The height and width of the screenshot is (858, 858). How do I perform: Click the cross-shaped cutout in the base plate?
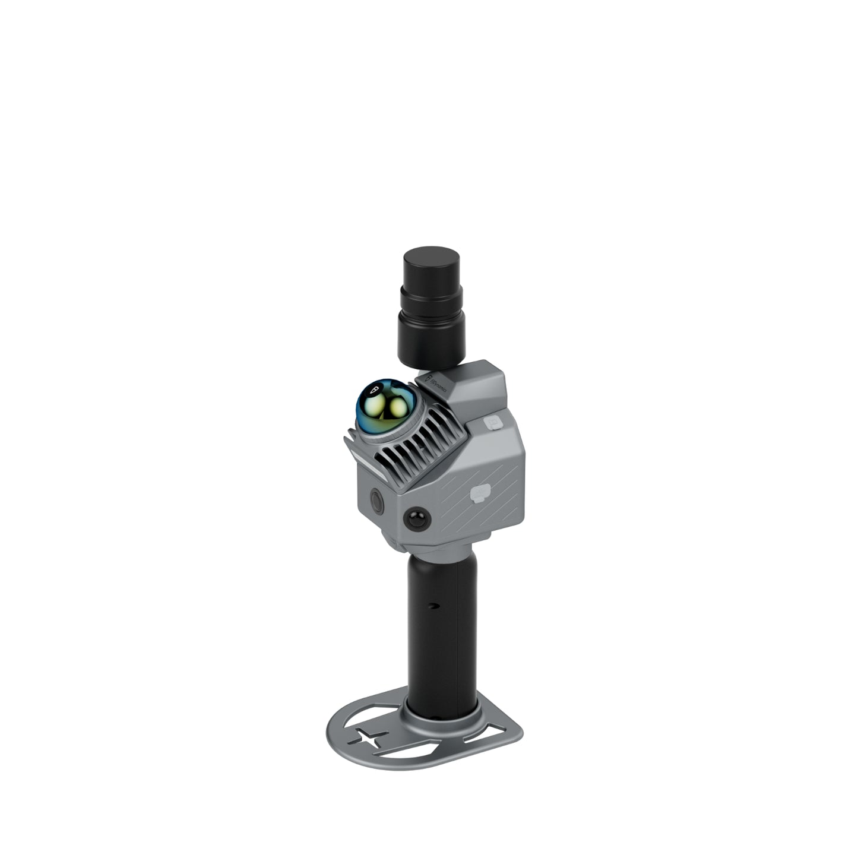coord(368,737)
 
